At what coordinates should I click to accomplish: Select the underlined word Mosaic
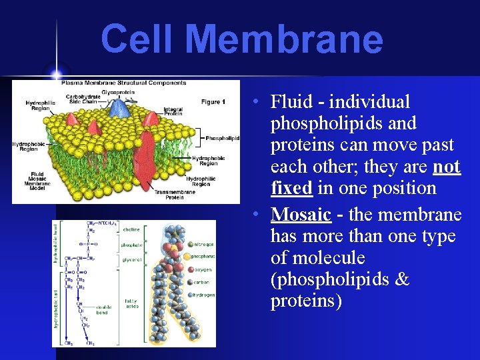301,215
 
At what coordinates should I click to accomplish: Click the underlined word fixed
291,188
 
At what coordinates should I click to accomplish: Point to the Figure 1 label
213,102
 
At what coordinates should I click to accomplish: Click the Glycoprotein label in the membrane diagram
117,91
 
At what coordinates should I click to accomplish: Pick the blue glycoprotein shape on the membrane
120,107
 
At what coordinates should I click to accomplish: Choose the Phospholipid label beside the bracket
222,138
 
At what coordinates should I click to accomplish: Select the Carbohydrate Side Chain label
83,99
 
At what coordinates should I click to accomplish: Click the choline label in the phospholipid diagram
131,229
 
